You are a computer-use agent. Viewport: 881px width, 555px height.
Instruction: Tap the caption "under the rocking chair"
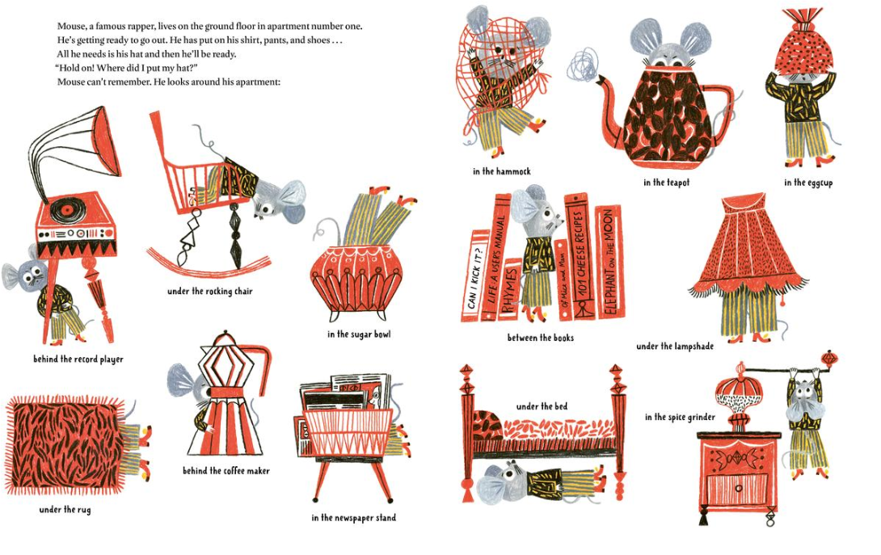(x=209, y=291)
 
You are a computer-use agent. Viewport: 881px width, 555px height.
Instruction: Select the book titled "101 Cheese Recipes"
(x=581, y=256)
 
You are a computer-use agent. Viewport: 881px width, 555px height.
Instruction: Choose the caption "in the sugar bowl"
(x=359, y=334)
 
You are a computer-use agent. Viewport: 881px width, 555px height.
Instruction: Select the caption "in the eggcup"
(x=808, y=183)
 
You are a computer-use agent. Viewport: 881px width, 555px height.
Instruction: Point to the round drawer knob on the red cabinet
(x=738, y=488)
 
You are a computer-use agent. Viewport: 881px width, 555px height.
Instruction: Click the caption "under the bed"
(x=542, y=406)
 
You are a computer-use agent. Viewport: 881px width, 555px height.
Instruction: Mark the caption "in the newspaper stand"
(x=353, y=517)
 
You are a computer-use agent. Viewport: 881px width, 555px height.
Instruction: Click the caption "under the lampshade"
(x=675, y=346)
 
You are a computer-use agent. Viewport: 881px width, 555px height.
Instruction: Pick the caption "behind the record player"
(x=78, y=359)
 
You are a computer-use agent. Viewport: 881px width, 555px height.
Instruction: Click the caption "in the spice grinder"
(x=680, y=417)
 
